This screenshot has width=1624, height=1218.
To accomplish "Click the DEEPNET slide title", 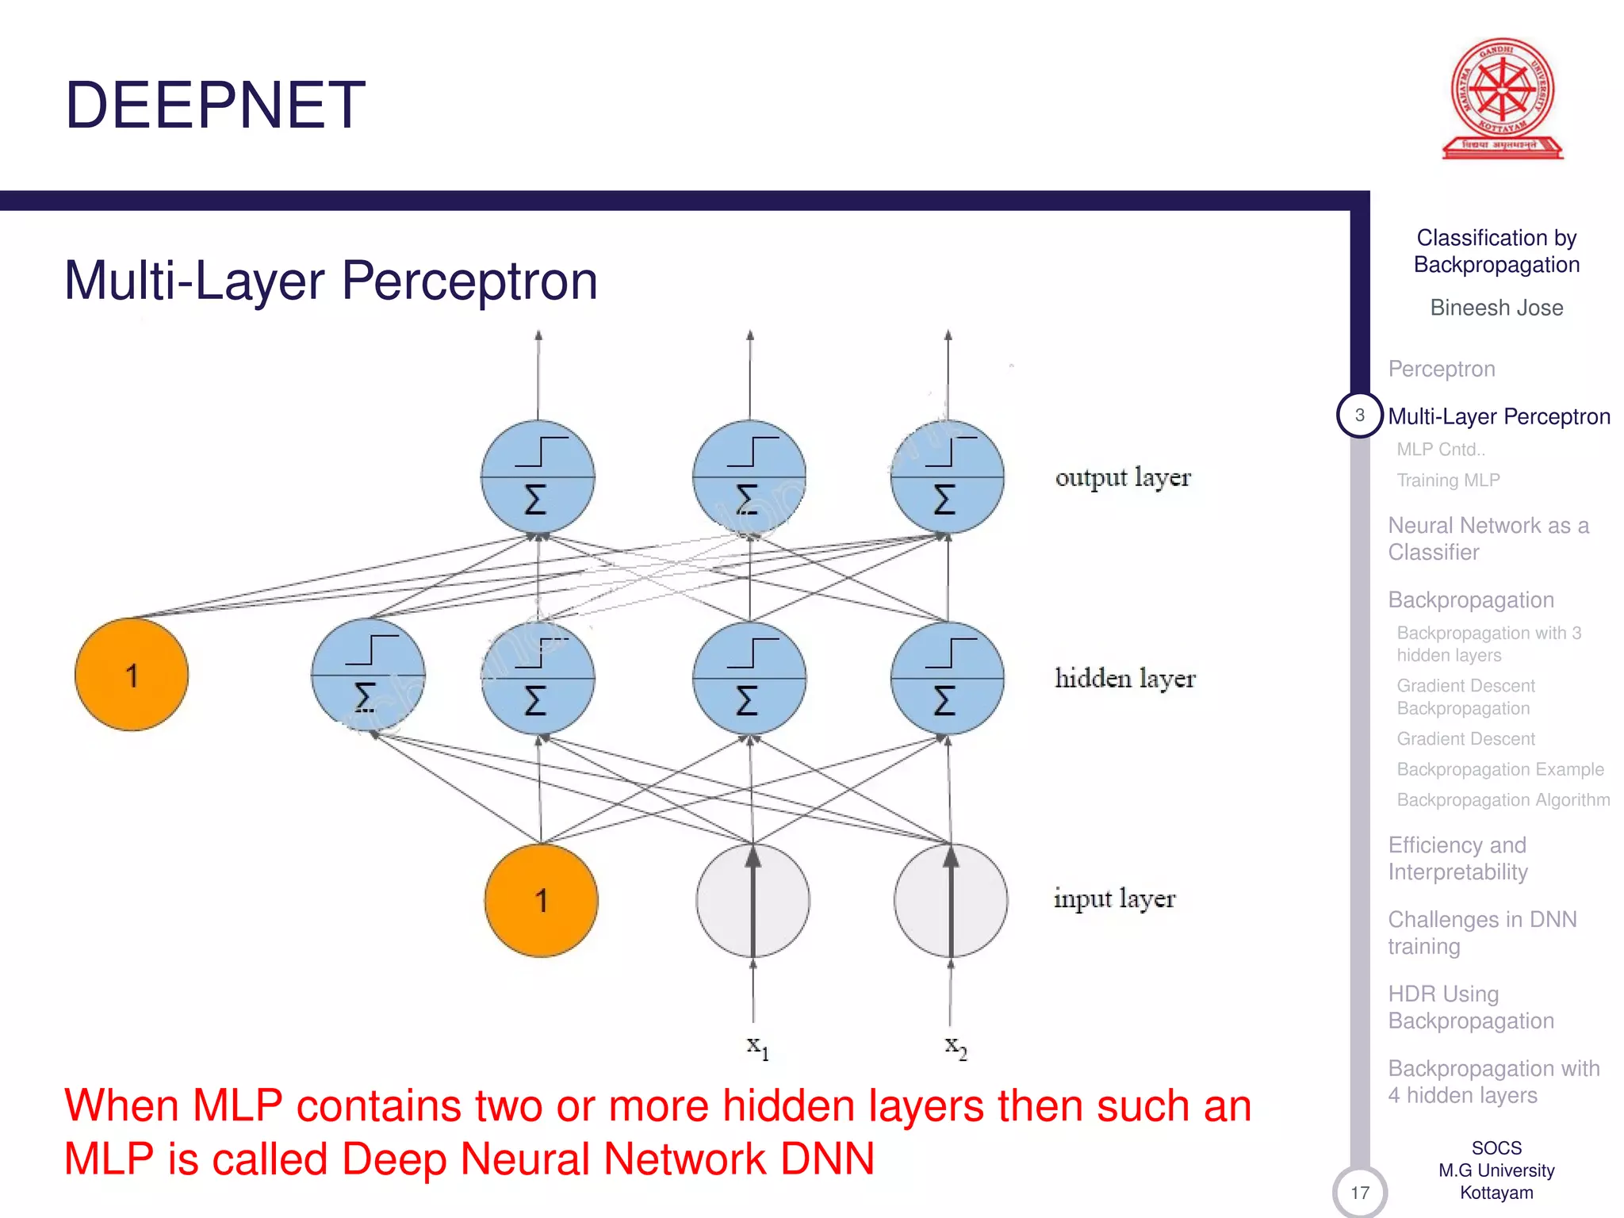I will (x=215, y=105).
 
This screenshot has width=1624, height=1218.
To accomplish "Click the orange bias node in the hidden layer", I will (x=132, y=675).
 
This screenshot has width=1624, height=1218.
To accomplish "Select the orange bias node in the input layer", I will (x=542, y=900).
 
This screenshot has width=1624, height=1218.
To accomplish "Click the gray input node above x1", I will (x=753, y=900).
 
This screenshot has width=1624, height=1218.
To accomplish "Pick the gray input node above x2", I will (x=951, y=900).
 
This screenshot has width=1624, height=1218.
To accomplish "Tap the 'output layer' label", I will (x=1123, y=477).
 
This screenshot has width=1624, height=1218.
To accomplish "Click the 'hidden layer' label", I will (x=1124, y=679).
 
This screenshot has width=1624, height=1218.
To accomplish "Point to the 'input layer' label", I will (x=1114, y=898).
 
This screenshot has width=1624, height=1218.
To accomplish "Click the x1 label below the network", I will (x=757, y=1047).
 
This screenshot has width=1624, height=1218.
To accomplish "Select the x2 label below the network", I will (x=956, y=1047).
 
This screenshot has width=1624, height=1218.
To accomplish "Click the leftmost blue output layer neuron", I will (x=538, y=477).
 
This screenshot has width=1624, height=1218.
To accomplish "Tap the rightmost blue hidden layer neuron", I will (x=948, y=679).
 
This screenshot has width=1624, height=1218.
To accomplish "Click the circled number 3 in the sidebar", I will (x=1359, y=415).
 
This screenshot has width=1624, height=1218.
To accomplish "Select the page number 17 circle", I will (x=1360, y=1192).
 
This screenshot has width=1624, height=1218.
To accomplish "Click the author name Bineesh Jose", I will (x=1496, y=308).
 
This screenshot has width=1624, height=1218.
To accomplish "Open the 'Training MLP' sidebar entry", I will (x=1448, y=481).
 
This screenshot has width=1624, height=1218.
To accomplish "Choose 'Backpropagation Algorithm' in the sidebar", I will (x=1503, y=800).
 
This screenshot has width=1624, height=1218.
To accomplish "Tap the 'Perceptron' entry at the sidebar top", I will (x=1442, y=369).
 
